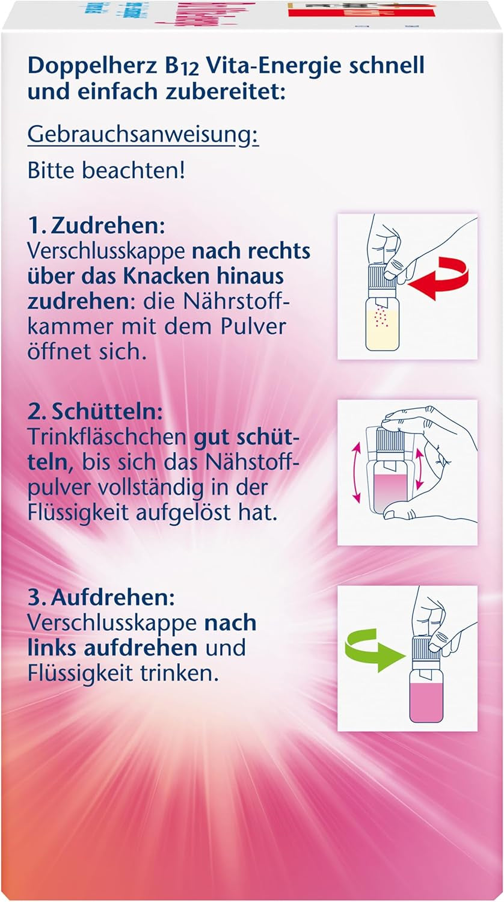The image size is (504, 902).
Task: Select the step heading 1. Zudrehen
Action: tap(96, 227)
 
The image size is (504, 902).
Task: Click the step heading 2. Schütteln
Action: tap(96, 413)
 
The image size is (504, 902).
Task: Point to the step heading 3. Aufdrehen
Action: tap(100, 598)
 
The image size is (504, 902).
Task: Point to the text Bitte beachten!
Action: tap(106, 170)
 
